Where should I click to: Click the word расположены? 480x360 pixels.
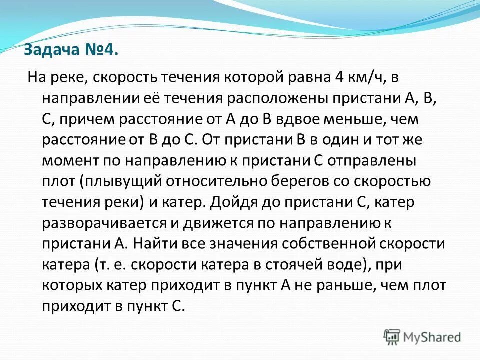click(x=310, y=98)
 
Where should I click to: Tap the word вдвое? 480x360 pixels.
click(x=297, y=119)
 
